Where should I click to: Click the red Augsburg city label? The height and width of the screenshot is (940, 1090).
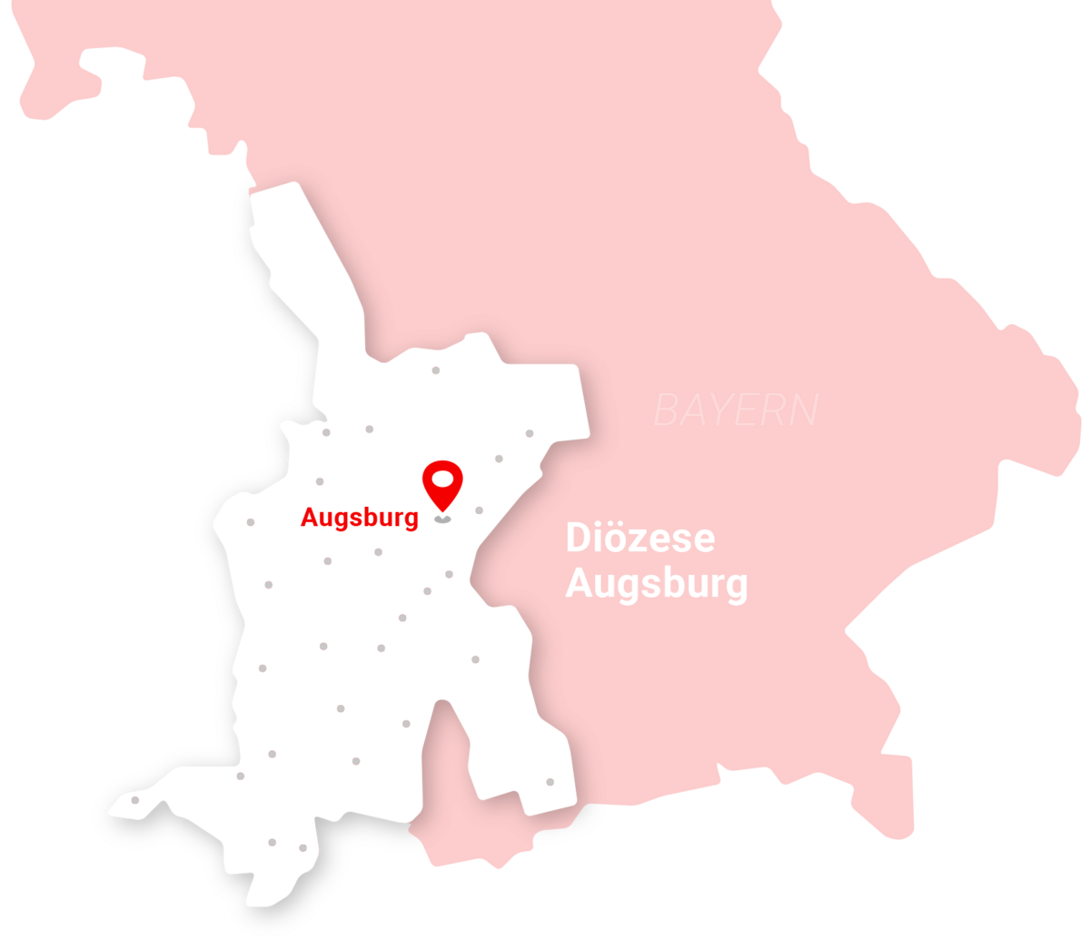pyautogui.click(x=360, y=519)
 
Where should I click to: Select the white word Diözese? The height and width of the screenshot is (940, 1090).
pyautogui.click(x=639, y=539)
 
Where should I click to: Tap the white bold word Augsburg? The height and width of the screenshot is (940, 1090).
pyautogui.click(x=656, y=585)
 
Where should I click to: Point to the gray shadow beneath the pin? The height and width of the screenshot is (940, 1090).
pyautogui.click(x=442, y=519)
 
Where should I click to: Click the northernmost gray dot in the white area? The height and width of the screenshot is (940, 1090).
pyautogui.click(x=436, y=371)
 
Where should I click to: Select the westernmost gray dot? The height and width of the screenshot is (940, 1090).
pyautogui.click(x=135, y=800)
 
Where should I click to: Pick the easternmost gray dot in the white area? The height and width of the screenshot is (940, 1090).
pyautogui.click(x=550, y=782)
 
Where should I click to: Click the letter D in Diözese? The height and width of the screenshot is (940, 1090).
pyautogui.click(x=578, y=539)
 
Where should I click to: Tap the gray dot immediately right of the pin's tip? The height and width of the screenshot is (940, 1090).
pyautogui.click(x=479, y=510)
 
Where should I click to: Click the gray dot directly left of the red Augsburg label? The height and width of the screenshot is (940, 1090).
pyautogui.click(x=251, y=523)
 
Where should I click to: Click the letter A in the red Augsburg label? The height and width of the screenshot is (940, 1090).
pyautogui.click(x=309, y=519)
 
